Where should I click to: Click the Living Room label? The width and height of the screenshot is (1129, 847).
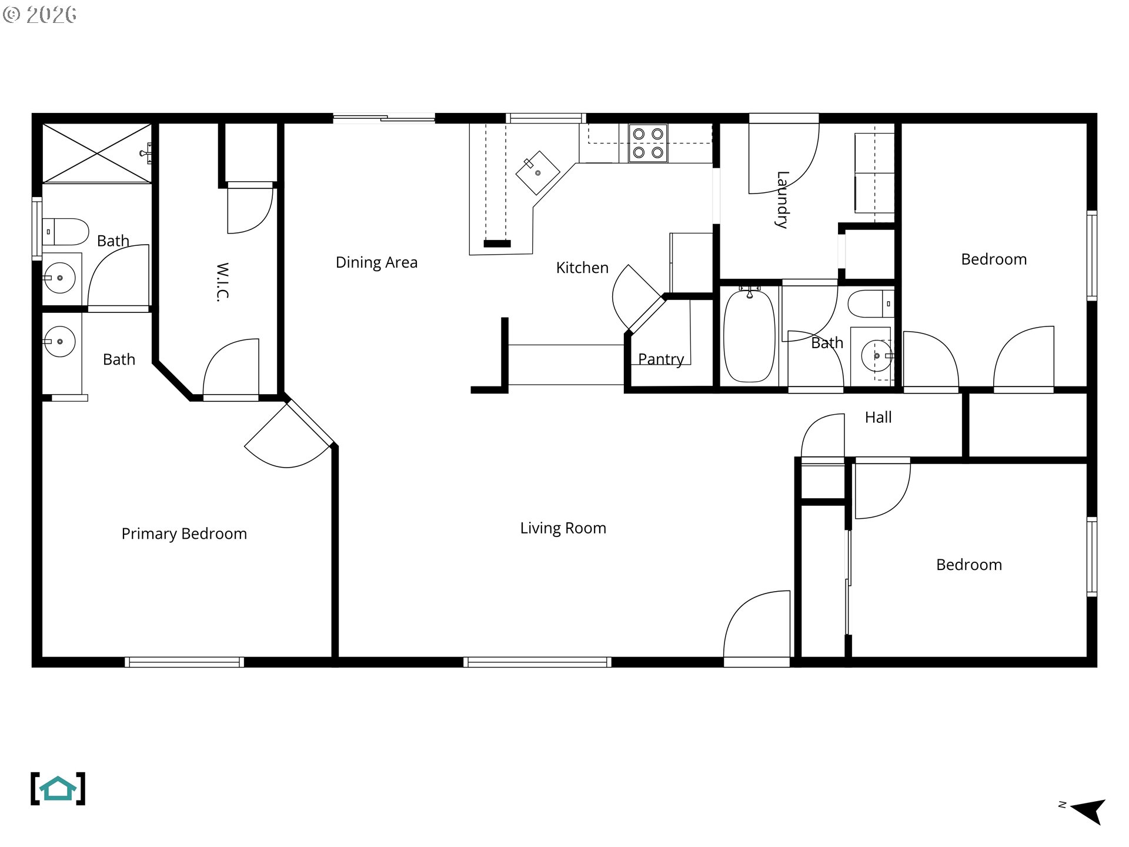point(563,528)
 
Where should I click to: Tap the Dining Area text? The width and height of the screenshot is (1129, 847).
point(376,262)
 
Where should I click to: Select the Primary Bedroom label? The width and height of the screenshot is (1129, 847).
point(184,533)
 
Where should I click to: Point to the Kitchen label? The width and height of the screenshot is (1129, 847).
point(582,268)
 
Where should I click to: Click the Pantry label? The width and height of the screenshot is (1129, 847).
point(661,359)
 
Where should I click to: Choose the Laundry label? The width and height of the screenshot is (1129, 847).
point(782,199)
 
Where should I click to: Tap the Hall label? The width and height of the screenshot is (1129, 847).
point(878,417)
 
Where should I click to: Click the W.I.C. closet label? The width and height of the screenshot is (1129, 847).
point(222,282)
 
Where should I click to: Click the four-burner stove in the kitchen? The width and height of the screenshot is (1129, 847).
point(648,143)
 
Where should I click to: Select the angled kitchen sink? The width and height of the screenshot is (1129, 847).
point(538,172)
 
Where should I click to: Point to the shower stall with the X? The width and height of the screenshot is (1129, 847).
point(97,153)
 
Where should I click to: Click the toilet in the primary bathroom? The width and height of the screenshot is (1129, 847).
point(65,232)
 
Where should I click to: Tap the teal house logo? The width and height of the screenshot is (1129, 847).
point(58,789)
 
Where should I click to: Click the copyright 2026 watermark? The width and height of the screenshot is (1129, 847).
point(39,14)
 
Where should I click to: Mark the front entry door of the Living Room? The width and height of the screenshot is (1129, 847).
point(757,629)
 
